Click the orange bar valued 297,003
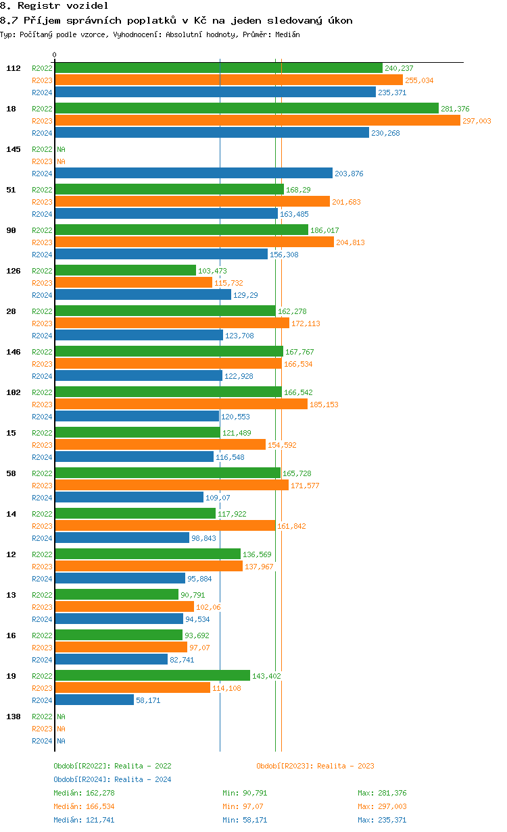258,121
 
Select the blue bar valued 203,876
194,174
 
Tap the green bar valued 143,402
153,675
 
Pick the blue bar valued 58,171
95,700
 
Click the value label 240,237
399,68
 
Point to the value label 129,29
245,295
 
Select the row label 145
13,149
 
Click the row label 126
13,271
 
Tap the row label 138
13,717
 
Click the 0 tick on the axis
55,55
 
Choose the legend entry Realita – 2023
315,766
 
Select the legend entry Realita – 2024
112,779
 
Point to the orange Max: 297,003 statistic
382,806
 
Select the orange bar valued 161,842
166,526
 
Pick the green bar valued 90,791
117,594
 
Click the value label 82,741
182,660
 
